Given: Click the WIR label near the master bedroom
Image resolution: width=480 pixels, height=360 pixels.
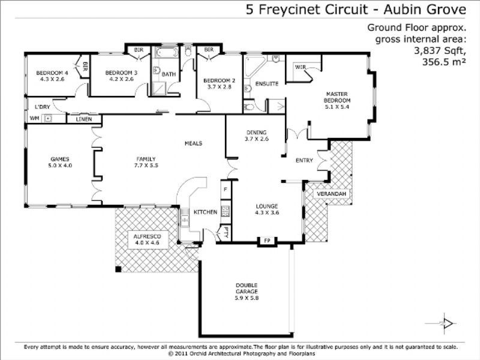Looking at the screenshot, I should tap(300, 67).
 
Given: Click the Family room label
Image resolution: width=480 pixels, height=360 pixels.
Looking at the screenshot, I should tap(146, 158).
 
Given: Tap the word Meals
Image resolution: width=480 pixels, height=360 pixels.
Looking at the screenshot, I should tap(193, 143).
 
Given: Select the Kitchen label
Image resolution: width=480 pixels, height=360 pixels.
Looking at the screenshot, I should tap(205, 212).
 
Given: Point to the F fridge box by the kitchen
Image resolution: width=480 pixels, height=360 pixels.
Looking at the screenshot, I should tap(225, 189).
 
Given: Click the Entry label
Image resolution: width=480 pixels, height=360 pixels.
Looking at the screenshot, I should tap(305, 160).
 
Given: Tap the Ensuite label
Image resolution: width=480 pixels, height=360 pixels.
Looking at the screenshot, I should tap(266, 83).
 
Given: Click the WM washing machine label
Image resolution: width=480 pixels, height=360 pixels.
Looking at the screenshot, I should tap(34, 119).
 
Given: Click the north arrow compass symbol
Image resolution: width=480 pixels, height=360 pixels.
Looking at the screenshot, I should tap(447, 323).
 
